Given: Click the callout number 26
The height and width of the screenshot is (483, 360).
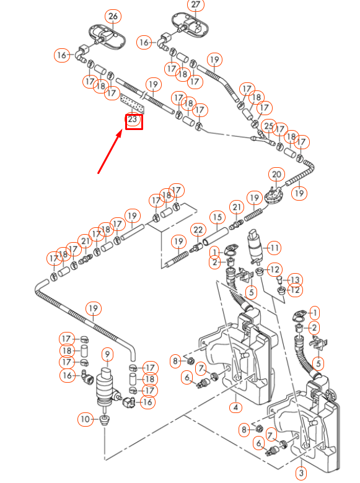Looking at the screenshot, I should (x=112, y=15).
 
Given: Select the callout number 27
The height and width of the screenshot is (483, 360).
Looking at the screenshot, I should (x=196, y=5).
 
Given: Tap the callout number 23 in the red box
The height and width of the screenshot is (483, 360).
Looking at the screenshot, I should (x=132, y=120).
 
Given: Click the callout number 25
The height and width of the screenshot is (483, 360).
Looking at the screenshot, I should (x=268, y=126).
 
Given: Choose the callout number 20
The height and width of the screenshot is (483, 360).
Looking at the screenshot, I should (x=277, y=175).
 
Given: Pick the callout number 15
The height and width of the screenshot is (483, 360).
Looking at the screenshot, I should (x=217, y=217).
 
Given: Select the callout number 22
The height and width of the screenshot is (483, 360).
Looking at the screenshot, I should (x=198, y=230).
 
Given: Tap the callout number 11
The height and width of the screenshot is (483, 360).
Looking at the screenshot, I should (x=273, y=248).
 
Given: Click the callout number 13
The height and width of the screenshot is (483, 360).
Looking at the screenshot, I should (x=296, y=280).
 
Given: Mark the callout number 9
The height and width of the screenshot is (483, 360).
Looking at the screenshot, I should (x=107, y=355).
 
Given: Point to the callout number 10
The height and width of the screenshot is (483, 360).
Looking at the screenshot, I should (x=85, y=420).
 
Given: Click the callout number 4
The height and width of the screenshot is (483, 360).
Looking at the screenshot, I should (x=235, y=407).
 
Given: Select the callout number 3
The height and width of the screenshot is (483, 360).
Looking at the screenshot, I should (x=301, y=474).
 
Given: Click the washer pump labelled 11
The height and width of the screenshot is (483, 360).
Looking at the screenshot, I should (x=254, y=246).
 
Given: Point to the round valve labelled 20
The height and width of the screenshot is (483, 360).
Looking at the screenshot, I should (x=273, y=194).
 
